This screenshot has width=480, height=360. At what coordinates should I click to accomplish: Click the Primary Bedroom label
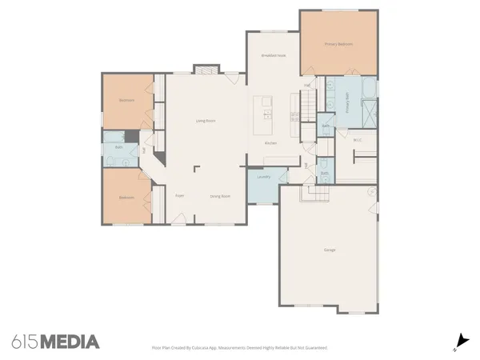pyautogui.click(x=338, y=44)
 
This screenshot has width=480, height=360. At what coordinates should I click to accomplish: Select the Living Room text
pyautogui.click(x=206, y=121)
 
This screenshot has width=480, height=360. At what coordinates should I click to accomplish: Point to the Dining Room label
pyautogui.click(x=220, y=195)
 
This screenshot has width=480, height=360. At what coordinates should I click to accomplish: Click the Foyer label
pyautogui.click(x=181, y=195)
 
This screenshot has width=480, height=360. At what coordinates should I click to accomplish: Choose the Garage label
pyautogui.click(x=330, y=250)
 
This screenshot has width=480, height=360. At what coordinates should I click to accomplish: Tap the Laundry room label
pyautogui.click(x=263, y=177)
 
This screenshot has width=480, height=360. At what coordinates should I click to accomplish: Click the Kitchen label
pyautogui.click(x=270, y=143)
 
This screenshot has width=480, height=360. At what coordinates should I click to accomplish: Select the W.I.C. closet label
pyautogui.click(x=358, y=141)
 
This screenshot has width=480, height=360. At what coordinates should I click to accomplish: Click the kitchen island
pyautogui.click(x=262, y=117)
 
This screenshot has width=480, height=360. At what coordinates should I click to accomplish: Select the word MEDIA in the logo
pyautogui.click(x=70, y=342)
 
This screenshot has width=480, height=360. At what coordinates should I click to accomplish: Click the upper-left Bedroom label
pyautogui.click(x=126, y=101)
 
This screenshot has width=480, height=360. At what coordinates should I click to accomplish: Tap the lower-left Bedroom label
pyautogui.click(x=126, y=197)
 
